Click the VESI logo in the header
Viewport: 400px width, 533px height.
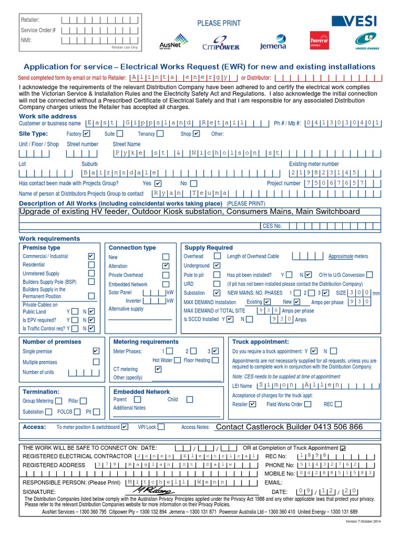[x=354, y=21]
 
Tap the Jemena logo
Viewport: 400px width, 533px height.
[x=273, y=42]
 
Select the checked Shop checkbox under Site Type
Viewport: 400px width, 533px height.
[x=196, y=134]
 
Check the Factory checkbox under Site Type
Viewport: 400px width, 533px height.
[x=86, y=134]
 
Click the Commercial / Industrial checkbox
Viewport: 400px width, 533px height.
[x=92, y=257]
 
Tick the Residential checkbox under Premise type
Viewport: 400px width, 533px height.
[x=92, y=265]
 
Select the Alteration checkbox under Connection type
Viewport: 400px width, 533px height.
[x=166, y=265]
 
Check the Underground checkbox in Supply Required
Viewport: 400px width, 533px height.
[x=217, y=265]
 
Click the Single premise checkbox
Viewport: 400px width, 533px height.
[x=96, y=351]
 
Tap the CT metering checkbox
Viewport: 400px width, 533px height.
[x=158, y=369]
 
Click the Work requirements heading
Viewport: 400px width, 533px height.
[x=49, y=238]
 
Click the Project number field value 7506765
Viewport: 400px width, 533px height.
[x=332, y=183]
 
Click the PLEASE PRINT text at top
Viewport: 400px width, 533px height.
[x=219, y=23]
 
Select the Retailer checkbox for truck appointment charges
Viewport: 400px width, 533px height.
[x=253, y=404]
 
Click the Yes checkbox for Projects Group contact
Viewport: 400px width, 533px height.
[x=158, y=183]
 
